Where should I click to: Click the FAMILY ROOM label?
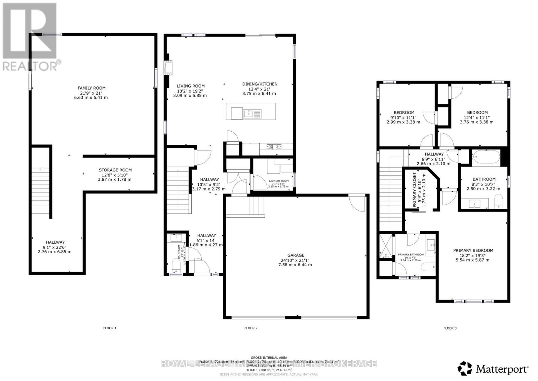[92, 88]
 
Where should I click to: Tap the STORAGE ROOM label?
[115, 170]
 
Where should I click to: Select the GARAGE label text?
[296, 255]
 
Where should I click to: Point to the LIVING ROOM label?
[190, 86]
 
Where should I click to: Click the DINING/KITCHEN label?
[260, 84]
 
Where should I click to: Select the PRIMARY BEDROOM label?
[473, 250]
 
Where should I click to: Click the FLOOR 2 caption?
[251, 328]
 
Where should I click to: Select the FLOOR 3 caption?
[450, 328]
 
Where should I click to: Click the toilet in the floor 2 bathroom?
[176, 265]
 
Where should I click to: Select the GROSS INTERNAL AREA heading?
[269, 357]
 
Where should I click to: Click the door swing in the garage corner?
[357, 203]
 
